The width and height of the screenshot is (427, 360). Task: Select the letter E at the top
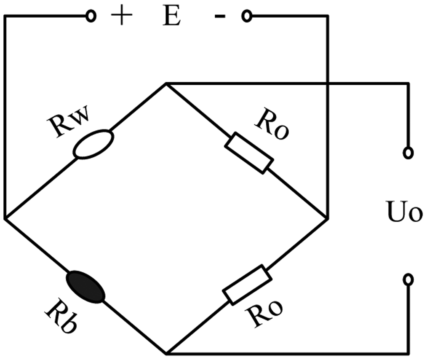click(171, 17)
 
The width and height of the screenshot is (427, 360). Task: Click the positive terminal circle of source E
click(91, 17)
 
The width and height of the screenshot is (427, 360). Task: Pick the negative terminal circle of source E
click(246, 17)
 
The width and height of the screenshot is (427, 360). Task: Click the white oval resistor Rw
click(93, 145)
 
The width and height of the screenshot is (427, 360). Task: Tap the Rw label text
click(71, 123)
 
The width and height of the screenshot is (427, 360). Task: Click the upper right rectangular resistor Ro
click(249, 153)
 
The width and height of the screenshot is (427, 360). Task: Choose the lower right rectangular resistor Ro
click(247, 285)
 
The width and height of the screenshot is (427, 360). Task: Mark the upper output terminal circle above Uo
click(407, 153)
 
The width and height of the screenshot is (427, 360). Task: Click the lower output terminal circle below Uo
click(407, 279)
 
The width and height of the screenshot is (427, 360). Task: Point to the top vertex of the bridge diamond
click(166, 83)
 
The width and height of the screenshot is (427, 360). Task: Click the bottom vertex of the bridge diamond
click(167, 352)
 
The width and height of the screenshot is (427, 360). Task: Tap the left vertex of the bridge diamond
click(5, 218)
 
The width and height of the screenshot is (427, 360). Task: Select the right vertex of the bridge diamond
click(327, 218)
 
